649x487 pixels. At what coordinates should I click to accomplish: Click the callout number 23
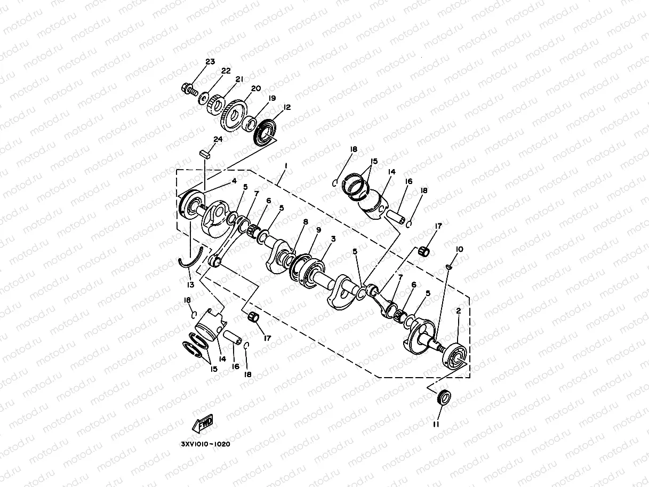pos(210,62)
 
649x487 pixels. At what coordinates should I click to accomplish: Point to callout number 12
pos(287,107)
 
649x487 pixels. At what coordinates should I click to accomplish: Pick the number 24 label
pos(218,140)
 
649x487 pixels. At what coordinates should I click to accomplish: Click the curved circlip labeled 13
pos(189,259)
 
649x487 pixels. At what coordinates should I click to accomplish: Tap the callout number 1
pos(286,166)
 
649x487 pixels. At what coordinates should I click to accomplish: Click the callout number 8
pos(305,222)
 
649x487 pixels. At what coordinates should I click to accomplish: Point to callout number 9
pos(318,230)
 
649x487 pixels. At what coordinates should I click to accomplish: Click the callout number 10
pos(460,249)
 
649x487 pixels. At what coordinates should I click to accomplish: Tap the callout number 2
pos(458,310)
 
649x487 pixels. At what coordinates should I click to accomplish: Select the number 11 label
pos(436,425)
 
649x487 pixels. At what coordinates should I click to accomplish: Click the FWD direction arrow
pos(203,424)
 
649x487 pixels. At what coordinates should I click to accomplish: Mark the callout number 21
pos(239,79)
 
